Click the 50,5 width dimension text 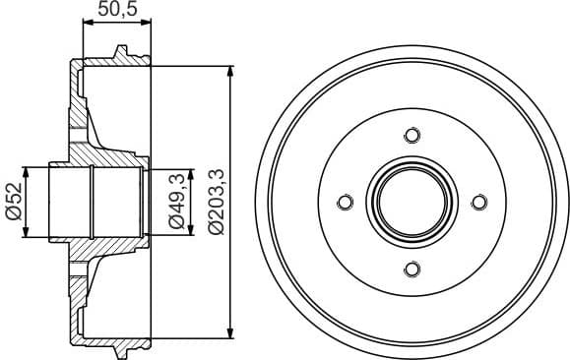click(116, 13)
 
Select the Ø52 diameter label click(13, 202)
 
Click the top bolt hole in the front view click(412, 136)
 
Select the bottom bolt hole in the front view click(412, 269)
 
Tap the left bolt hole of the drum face click(345, 203)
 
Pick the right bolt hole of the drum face click(478, 203)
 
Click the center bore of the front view click(412, 203)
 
